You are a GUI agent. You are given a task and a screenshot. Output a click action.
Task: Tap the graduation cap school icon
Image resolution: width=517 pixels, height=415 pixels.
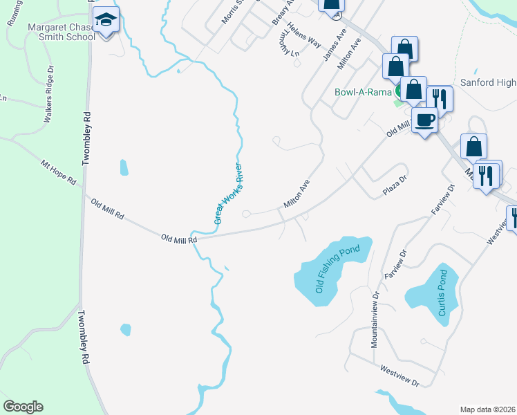(106, 21)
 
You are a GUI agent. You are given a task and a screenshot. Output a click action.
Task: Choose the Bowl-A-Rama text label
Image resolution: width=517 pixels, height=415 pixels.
(364, 92)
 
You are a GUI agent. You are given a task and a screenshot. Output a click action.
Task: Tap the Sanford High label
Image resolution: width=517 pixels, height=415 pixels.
(496, 82)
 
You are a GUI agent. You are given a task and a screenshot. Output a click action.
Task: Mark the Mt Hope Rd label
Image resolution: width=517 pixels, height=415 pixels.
(58, 172)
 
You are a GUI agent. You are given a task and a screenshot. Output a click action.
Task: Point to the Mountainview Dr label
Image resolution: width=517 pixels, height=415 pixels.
(375, 319)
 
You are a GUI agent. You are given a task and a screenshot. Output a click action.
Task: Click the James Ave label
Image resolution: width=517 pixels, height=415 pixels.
(335, 44)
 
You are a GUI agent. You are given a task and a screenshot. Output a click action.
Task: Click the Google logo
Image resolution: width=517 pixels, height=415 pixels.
(23, 407)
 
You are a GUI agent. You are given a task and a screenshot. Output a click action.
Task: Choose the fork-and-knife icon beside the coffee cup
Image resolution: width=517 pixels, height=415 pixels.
(440, 99)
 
